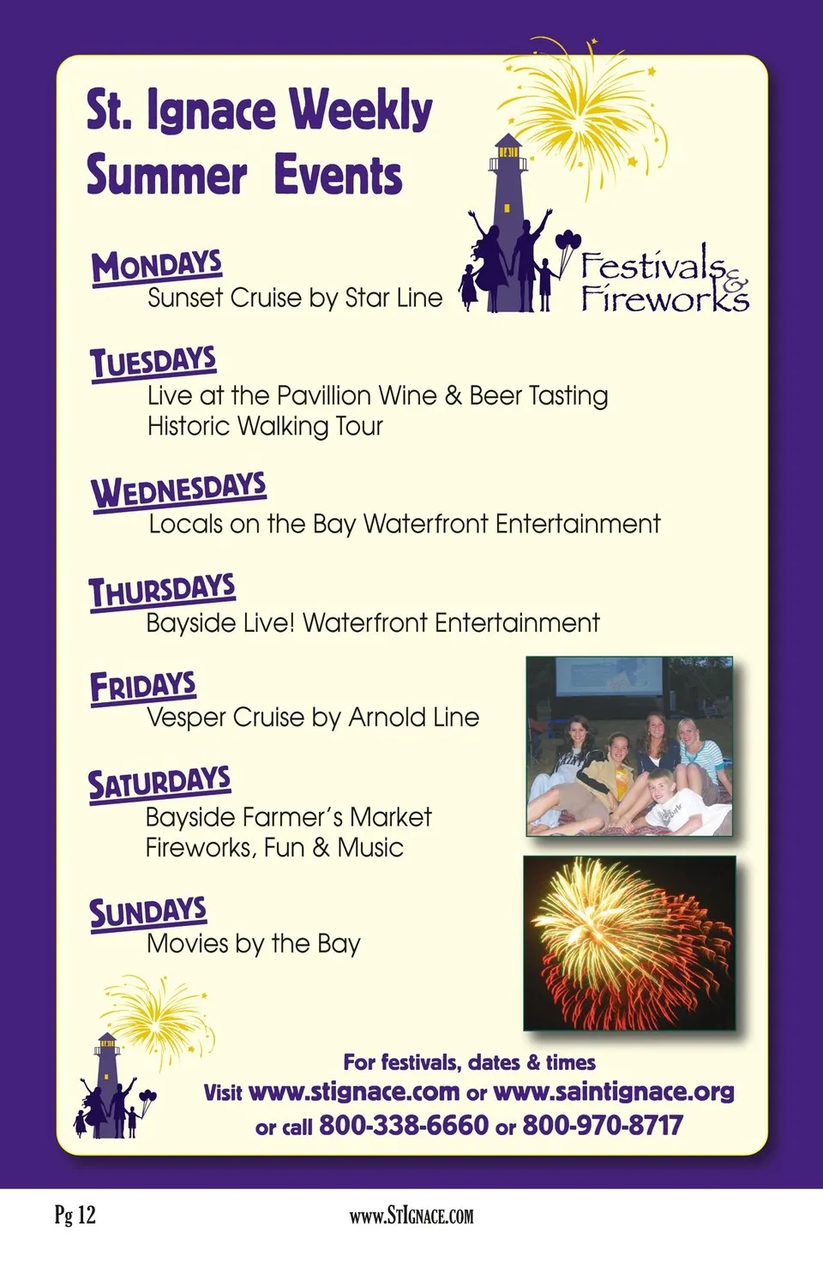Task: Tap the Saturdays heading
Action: tap(159, 784)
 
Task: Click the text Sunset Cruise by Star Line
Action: tap(295, 298)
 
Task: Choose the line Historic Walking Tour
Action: tap(265, 426)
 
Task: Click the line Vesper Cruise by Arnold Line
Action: tap(313, 718)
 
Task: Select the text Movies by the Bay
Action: tap(254, 944)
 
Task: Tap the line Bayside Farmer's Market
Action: tap(288, 818)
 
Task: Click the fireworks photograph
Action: tap(630, 943)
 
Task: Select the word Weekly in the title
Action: tap(361, 111)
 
